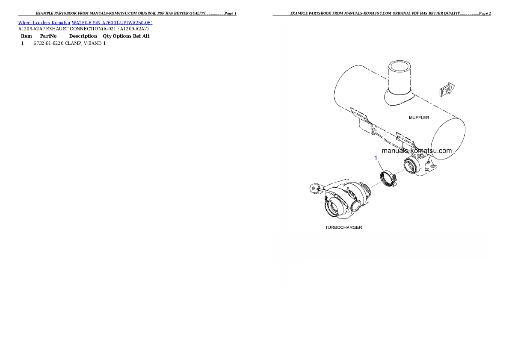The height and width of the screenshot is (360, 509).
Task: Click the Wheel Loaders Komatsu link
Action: [44, 23]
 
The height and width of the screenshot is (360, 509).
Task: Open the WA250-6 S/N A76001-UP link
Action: [112, 23]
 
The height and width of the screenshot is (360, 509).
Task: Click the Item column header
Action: [26, 36]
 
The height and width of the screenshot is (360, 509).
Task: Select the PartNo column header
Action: [48, 36]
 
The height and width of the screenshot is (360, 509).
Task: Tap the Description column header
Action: [83, 36]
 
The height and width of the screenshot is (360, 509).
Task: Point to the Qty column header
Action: [107, 36]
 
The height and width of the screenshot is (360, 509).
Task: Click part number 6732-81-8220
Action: [48, 43]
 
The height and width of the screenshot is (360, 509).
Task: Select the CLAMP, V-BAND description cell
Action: [83, 43]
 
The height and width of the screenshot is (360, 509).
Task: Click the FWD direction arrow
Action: [447, 89]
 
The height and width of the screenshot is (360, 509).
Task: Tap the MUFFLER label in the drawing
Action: [419, 118]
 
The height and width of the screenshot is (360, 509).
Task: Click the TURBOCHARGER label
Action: [343, 227]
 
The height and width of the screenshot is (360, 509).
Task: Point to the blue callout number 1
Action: [376, 158]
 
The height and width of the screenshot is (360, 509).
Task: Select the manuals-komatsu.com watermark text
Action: [417, 150]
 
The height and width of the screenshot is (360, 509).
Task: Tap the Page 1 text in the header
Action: [231, 13]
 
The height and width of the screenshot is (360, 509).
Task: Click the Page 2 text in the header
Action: [485, 13]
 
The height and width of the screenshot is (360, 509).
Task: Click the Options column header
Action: [122, 36]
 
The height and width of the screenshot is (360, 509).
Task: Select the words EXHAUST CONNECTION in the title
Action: [74, 29]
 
